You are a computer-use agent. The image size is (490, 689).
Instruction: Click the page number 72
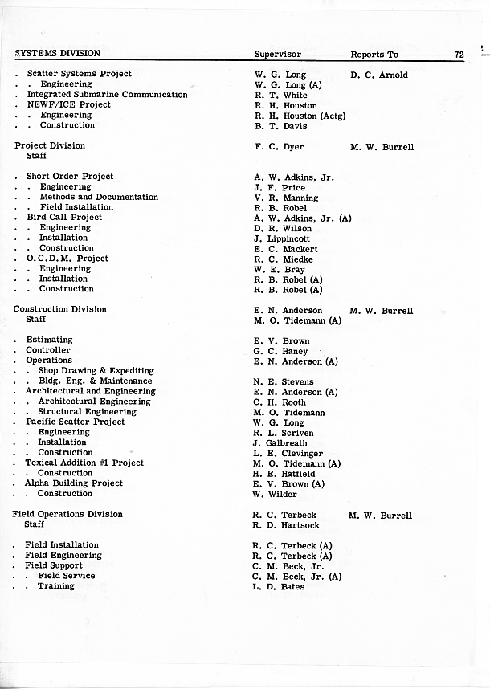459,55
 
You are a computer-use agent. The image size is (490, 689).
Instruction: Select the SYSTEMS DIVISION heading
57,54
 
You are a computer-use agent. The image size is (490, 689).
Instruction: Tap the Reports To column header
374,55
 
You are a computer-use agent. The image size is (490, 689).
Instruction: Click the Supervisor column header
277,55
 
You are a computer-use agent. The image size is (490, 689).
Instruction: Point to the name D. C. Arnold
379,75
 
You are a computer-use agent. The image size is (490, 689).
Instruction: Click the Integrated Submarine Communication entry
107,95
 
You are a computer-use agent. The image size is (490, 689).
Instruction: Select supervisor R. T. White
280,95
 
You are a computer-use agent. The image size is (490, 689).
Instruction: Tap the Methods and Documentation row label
99,197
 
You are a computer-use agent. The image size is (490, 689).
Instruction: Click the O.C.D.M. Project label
67,259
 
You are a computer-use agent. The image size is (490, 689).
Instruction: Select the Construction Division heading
60,309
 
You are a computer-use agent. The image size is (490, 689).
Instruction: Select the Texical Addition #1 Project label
84,463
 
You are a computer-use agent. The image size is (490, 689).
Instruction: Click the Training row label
56,586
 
